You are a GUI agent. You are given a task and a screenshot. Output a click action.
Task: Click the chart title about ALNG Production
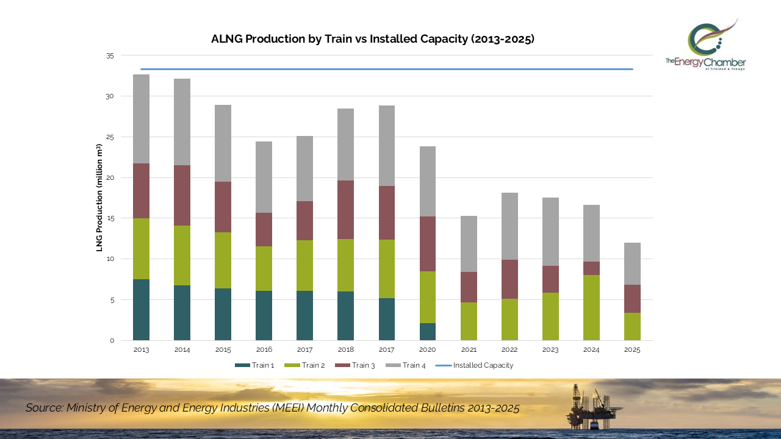point(372,39)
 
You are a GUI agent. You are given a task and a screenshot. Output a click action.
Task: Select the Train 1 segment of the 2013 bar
point(141,310)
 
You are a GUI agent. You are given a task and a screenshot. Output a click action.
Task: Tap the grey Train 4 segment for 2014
point(182,122)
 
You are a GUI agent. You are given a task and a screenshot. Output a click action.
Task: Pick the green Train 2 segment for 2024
point(591,307)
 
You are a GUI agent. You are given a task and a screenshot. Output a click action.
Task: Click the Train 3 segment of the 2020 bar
point(428,244)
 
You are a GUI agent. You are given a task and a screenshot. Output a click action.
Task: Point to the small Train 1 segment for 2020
point(428,332)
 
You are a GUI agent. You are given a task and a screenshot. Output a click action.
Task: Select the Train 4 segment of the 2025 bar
point(632,263)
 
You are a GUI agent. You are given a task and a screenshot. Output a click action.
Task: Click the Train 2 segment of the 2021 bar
point(469,321)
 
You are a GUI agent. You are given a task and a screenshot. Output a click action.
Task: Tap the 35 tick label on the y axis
point(110,55)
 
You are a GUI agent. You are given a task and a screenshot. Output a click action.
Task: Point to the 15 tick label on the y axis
point(110,218)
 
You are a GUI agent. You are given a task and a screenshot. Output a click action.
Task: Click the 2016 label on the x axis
point(264,350)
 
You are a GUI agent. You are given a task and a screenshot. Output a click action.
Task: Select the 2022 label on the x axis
point(509,350)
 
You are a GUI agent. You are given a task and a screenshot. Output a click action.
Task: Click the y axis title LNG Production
point(99,198)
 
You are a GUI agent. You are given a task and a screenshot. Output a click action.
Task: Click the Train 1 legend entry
point(254,365)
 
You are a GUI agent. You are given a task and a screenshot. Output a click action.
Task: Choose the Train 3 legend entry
point(355,365)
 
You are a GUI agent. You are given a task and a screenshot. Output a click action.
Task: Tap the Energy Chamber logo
point(706,46)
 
